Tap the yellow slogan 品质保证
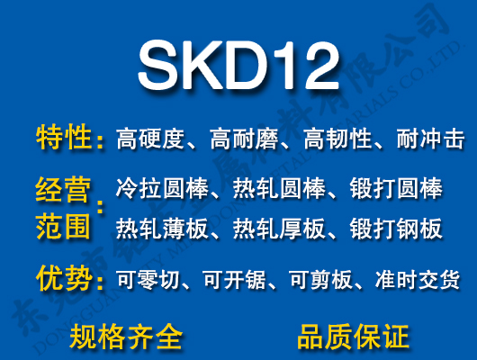353,337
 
